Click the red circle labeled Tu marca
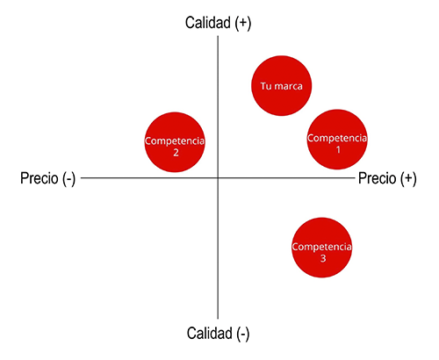click(x=282, y=86)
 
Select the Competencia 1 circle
click(x=337, y=140)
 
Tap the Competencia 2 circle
click(x=175, y=142)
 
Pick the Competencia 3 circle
click(x=322, y=248)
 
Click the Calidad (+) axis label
click(x=218, y=23)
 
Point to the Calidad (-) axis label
click(x=218, y=334)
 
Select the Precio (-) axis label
click(x=48, y=178)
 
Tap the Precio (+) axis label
click(x=387, y=178)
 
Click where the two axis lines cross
click(x=218, y=177)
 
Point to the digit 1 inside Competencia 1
click(x=338, y=149)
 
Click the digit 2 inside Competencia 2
click(x=176, y=153)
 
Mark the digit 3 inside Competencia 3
click(x=323, y=258)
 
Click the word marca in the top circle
click(x=289, y=86)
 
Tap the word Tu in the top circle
click(x=266, y=86)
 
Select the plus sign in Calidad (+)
click(x=242, y=23)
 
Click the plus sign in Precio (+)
click(x=407, y=178)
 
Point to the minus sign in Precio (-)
click(x=69, y=178)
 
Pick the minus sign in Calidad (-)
click(x=243, y=334)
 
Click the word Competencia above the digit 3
click(x=322, y=247)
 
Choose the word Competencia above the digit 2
click(x=175, y=141)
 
